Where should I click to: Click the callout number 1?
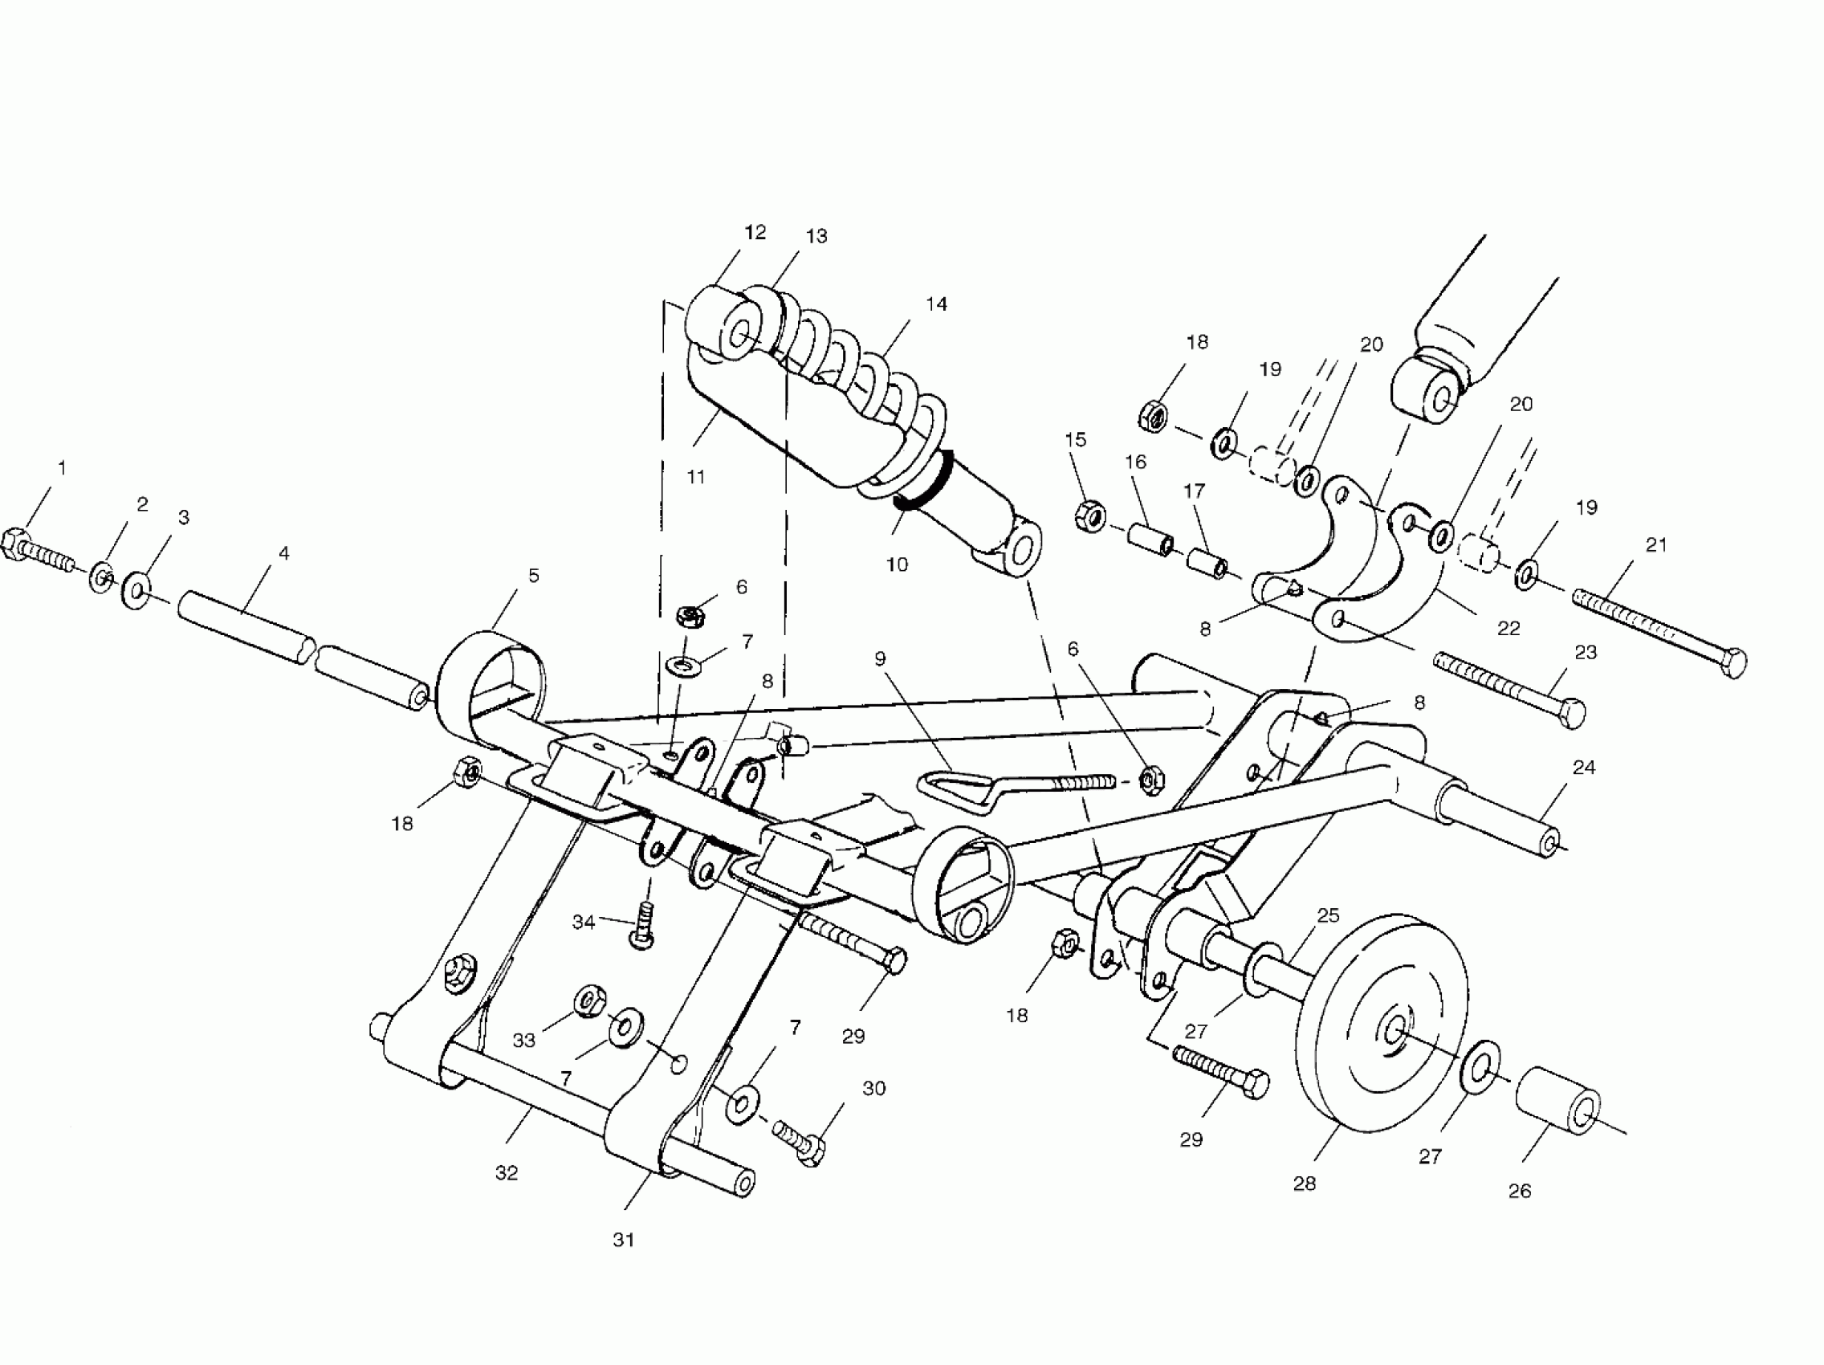pyautogui.click(x=62, y=468)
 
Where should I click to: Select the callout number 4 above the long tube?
pyautogui.click(x=284, y=553)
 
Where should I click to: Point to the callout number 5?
pyautogui.click(x=534, y=576)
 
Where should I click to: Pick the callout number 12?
pyautogui.click(x=755, y=234)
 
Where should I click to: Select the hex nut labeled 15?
pyautogui.click(x=1090, y=515)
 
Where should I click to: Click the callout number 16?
pyautogui.click(x=1136, y=462)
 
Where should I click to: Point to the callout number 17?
pyautogui.click(x=1194, y=491)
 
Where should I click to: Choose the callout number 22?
pyautogui.click(x=1508, y=629)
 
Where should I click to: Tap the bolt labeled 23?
pyautogui.click(x=1509, y=689)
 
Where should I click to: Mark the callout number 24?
pyautogui.click(x=1584, y=768)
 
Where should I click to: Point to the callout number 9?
pyautogui.click(x=880, y=659)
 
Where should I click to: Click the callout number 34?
pyautogui.click(x=583, y=922)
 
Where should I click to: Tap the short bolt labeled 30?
pyautogui.click(x=798, y=1142)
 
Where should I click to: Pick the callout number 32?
pyautogui.click(x=507, y=1173)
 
